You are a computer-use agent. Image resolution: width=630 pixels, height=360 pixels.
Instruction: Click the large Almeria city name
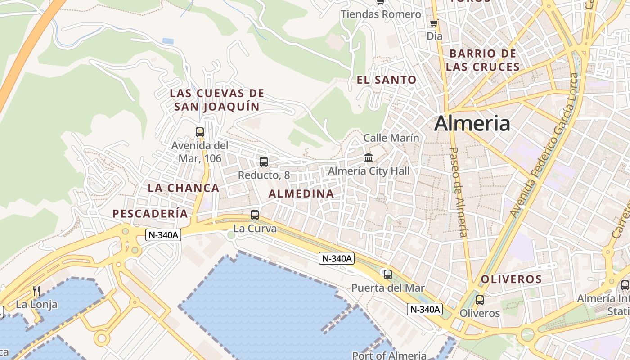pyautogui.click(x=472, y=123)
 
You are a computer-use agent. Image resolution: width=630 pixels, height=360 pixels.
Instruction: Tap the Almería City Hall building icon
pyautogui.click(x=369, y=157)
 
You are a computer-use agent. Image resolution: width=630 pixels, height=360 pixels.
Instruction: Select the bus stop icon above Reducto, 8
pyautogui.click(x=264, y=162)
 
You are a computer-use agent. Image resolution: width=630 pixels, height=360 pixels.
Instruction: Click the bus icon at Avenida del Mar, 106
pyautogui.click(x=200, y=132)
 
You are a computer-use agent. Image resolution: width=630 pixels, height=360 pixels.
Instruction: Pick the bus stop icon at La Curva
pyautogui.click(x=255, y=215)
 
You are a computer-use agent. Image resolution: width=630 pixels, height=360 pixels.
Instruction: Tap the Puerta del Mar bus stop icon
pyautogui.click(x=387, y=274)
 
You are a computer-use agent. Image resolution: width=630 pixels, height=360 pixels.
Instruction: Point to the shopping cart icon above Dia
pyautogui.click(x=434, y=23)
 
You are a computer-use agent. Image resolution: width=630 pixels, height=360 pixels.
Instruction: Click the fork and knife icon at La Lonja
pyautogui.click(x=36, y=291)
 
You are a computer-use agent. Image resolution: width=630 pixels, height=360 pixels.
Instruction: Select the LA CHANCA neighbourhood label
pyautogui.click(x=184, y=188)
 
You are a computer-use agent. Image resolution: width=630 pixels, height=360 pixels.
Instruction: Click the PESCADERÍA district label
pyautogui.click(x=150, y=214)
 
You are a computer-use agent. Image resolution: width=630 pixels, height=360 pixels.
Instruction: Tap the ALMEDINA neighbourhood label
pyautogui.click(x=301, y=194)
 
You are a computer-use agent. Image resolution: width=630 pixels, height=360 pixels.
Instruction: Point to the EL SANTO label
pyautogui.click(x=387, y=80)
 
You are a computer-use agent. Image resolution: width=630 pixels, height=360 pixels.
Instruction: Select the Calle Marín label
pyautogui.click(x=391, y=138)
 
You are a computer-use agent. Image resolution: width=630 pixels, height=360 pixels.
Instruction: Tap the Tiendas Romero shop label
pyautogui.click(x=381, y=14)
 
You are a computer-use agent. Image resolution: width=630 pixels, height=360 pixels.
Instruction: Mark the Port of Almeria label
pyautogui.click(x=389, y=355)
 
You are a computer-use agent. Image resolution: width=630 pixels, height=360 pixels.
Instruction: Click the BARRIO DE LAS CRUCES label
pyautogui.click(x=483, y=60)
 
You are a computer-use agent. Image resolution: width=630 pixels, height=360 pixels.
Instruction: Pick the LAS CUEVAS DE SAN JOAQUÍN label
pyautogui.click(x=217, y=100)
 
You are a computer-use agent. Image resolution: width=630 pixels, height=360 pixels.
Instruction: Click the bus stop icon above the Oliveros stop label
pyautogui.click(x=480, y=300)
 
